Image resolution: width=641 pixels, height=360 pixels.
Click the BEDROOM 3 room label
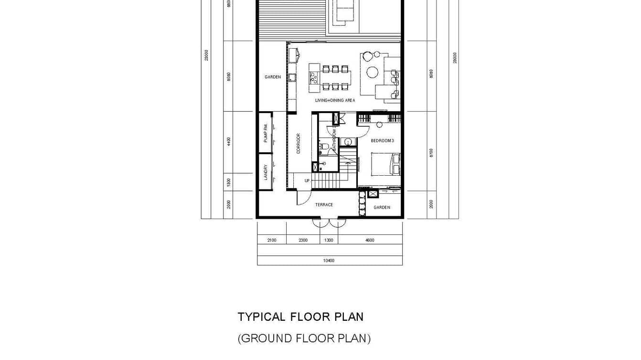(x=382, y=141)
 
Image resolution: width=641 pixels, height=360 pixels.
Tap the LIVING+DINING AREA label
(x=335, y=100)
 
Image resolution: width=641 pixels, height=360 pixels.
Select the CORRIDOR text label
(x=299, y=143)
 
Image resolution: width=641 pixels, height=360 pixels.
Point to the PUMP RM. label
(x=266, y=134)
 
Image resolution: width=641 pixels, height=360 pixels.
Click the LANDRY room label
(x=266, y=172)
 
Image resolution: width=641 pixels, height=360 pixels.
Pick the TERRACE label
(x=324, y=205)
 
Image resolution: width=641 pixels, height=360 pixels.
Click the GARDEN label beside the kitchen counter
(x=273, y=77)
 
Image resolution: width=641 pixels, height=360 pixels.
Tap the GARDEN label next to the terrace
(x=382, y=207)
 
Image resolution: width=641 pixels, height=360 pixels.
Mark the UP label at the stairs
(x=307, y=180)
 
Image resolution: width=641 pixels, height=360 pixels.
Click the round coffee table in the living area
(x=372, y=72)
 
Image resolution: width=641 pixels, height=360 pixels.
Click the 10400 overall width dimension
(x=329, y=261)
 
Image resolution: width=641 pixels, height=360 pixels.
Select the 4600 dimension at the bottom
(x=370, y=240)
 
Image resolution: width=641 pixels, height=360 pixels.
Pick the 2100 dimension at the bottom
(x=271, y=240)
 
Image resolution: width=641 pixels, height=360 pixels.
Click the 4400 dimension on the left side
(x=229, y=141)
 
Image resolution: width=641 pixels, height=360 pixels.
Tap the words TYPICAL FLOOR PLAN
(x=300, y=317)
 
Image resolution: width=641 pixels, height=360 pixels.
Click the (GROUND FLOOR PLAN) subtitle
(x=304, y=339)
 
